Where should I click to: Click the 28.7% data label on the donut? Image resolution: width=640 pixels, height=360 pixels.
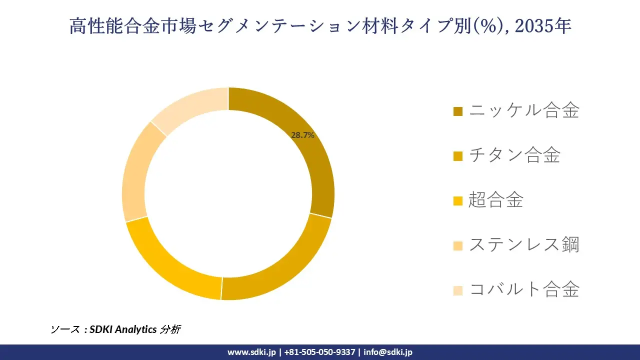click(x=302, y=135)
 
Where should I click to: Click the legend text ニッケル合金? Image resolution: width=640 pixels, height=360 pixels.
click(x=524, y=110)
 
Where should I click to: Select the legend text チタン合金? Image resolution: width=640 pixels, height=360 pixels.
click(x=514, y=155)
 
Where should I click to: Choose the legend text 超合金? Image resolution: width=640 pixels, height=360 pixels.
click(x=496, y=200)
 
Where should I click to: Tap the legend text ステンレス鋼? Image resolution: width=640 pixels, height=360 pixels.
click(x=524, y=245)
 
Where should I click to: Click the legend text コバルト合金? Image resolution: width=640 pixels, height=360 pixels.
click(x=524, y=289)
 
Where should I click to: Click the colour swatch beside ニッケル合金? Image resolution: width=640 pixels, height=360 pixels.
click(x=458, y=111)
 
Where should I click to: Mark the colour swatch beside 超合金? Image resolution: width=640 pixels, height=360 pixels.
click(x=458, y=201)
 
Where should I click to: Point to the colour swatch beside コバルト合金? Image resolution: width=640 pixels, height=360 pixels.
click(x=458, y=290)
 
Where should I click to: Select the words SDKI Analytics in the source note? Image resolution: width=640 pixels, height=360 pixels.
click(x=123, y=329)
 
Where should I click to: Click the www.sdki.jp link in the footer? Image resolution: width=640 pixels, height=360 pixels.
click(x=251, y=352)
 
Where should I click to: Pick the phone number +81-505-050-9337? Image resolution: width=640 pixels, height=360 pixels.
click(x=320, y=352)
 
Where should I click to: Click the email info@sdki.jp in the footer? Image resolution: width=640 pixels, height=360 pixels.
click(x=388, y=352)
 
